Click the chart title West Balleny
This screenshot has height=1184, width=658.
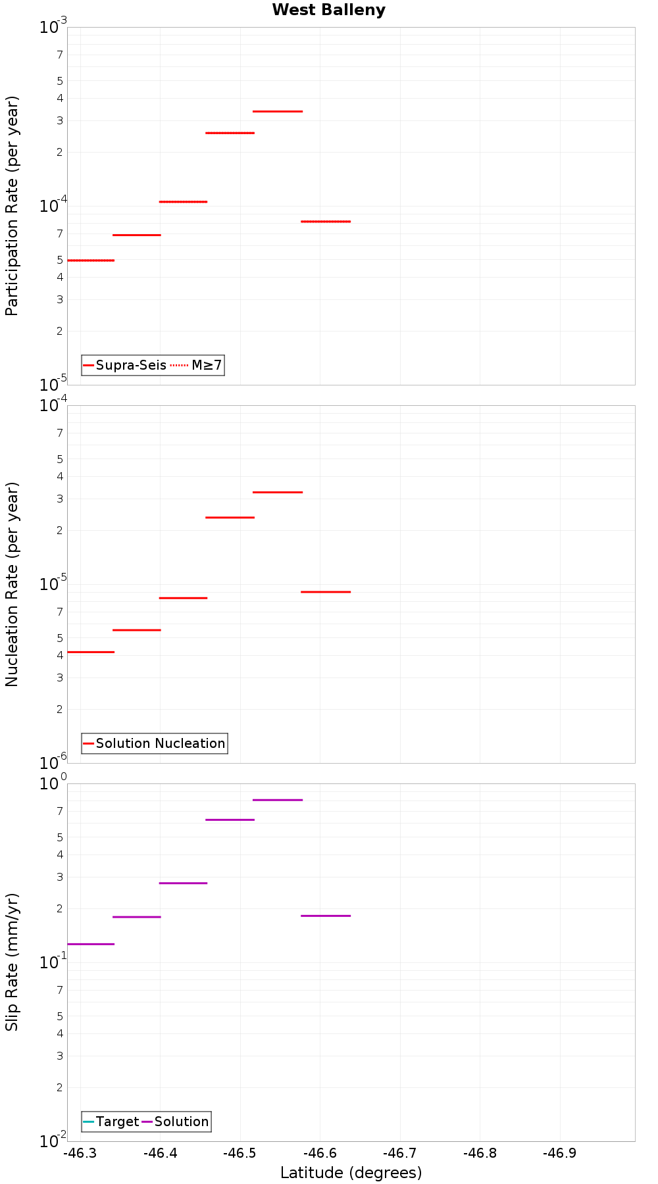tap(328, 10)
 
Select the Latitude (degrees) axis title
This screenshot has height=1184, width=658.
tap(351, 1173)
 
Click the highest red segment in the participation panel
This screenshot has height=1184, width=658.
tap(278, 111)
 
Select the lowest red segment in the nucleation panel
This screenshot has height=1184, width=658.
tap(91, 652)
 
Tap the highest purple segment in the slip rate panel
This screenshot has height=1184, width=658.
tap(278, 800)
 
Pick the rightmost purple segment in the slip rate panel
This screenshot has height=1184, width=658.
tap(326, 916)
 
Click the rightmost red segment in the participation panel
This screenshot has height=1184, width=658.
tap(326, 222)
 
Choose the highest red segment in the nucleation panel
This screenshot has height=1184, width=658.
tap(278, 492)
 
